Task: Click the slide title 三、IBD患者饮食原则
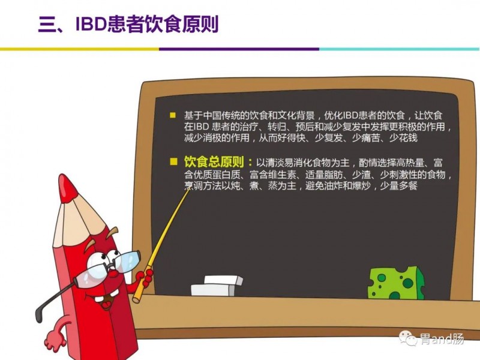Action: point(128,24)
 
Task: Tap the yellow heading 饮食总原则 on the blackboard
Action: point(214,161)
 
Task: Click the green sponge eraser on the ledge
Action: point(396,283)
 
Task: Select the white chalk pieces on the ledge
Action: point(217,286)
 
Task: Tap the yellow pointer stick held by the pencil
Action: point(161,245)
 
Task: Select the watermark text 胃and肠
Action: point(442,339)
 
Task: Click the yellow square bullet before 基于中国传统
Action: point(173,115)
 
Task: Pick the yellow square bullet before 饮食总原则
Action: point(173,161)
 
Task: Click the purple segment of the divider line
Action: point(239,49)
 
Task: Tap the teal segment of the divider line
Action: point(399,49)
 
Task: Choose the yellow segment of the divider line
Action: point(80,49)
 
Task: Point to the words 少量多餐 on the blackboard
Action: point(398,185)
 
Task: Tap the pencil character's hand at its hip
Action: point(54,337)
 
